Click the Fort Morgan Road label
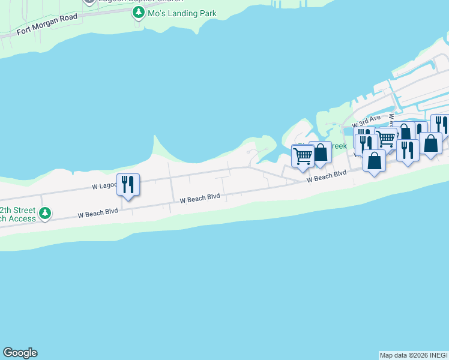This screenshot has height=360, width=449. click(47, 23)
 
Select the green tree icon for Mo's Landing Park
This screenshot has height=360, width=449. click(139, 12)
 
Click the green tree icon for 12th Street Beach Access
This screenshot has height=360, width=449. click(45, 213)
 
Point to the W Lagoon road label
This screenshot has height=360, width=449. click(104, 186)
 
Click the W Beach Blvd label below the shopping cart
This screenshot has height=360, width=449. click(327, 176)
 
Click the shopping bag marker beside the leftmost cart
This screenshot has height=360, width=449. click(321, 152)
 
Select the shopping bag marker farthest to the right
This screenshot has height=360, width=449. click(431, 143)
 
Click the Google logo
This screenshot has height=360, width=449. click(20, 353)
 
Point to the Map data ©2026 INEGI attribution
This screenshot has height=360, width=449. click(414, 355)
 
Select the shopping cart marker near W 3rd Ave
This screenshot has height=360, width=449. click(386, 139)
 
